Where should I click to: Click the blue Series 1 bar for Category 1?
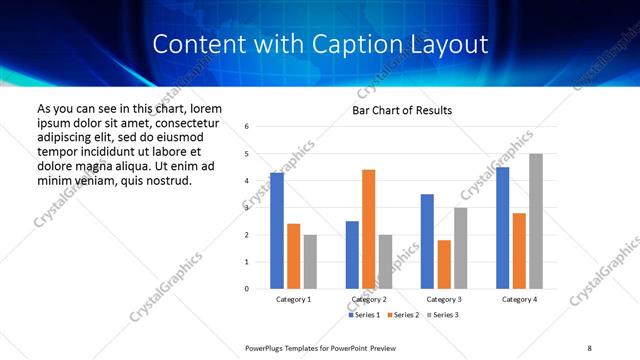coord(277,231)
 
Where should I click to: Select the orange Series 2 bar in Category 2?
coord(368,229)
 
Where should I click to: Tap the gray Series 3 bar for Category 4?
coord(536,221)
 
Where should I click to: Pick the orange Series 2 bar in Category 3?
coord(444,264)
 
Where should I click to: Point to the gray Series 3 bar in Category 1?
coord(310,262)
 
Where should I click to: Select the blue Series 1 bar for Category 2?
coord(352,255)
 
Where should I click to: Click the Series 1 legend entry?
coord(364,315)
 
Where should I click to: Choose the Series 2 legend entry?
coord(403,315)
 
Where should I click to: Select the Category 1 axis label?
coord(293,299)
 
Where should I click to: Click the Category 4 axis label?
coord(519,299)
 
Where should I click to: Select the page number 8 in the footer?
coord(589,347)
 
